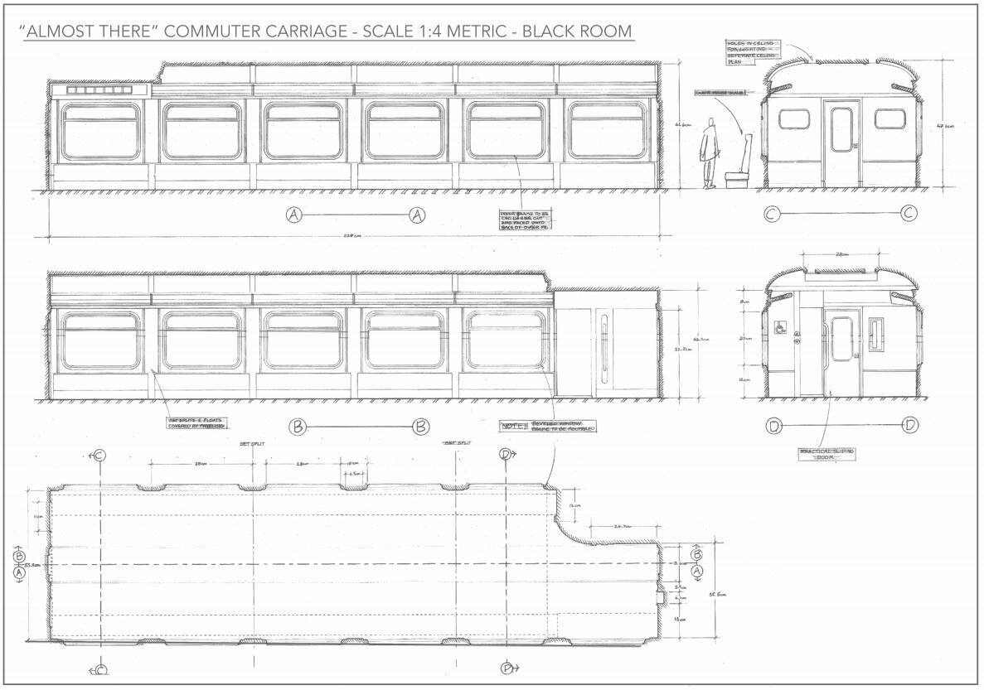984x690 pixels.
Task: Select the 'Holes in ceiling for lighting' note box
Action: pyautogui.click(x=753, y=51)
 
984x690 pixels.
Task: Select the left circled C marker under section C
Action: pyautogui.click(x=772, y=215)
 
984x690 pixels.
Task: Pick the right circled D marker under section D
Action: pyautogui.click(x=909, y=426)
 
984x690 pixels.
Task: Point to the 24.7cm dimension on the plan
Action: pyautogui.click(x=623, y=525)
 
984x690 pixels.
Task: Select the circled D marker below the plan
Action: pyautogui.click(x=507, y=668)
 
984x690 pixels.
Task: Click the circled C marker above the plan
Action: pyautogui.click(x=99, y=455)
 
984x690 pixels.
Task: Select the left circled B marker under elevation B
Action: pyautogui.click(x=297, y=427)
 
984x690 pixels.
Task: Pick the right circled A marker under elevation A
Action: pyautogui.click(x=417, y=215)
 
